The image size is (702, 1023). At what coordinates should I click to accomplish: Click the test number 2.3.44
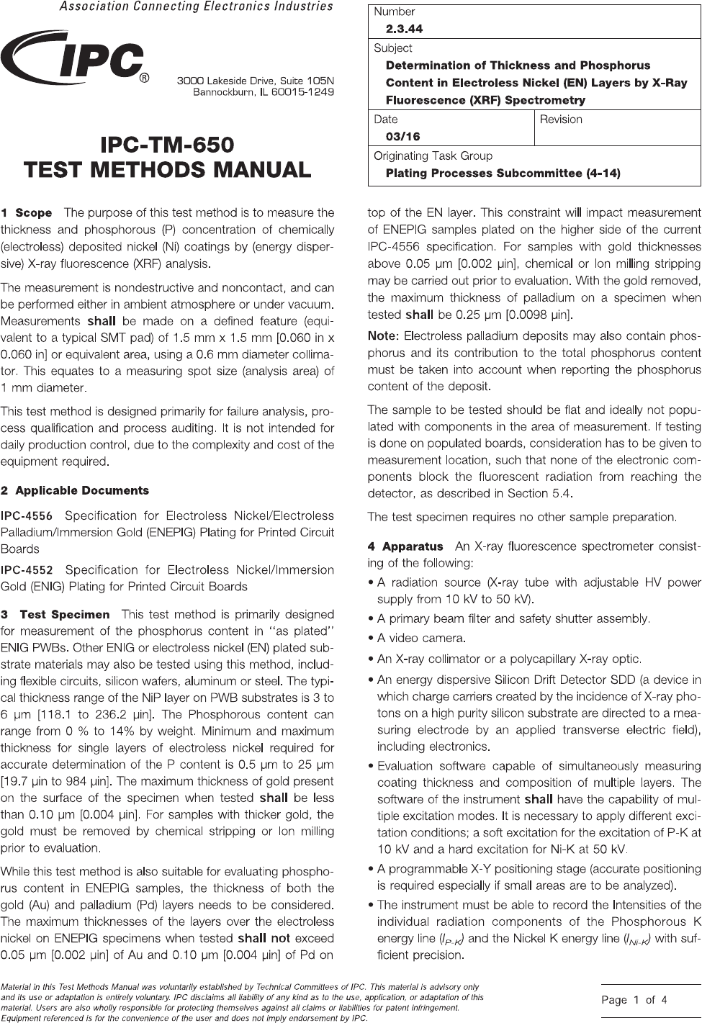tap(404, 29)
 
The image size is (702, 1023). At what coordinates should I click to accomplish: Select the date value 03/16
tap(402, 137)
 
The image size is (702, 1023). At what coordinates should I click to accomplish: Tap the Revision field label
tap(561, 120)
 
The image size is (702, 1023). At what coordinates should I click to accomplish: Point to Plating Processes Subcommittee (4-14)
tap(503, 173)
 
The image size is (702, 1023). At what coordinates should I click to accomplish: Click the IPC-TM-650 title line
tap(167, 145)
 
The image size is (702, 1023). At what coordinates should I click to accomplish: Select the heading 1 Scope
tap(27, 213)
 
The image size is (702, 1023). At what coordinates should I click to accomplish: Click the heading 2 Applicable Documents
tap(75, 491)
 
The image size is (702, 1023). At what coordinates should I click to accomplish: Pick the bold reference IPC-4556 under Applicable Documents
tap(27, 516)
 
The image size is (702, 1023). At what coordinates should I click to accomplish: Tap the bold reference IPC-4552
tap(27, 570)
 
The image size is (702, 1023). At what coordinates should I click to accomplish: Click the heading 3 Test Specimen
tap(56, 615)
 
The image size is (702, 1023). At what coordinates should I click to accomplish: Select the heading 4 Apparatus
tap(405, 547)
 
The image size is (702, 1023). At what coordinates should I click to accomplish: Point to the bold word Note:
tap(382, 336)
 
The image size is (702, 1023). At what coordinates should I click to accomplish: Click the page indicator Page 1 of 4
tap(634, 1000)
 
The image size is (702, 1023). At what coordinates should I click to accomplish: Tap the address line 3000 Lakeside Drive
tap(256, 81)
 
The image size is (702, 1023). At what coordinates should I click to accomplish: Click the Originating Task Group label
tap(433, 156)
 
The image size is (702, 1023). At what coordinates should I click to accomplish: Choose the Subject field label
tap(393, 48)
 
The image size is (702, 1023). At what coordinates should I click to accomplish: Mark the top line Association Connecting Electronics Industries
tap(195, 6)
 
